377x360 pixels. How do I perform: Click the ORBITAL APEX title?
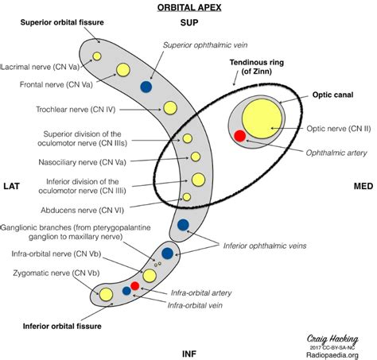click(189, 7)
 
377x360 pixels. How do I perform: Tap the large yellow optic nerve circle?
click(262, 118)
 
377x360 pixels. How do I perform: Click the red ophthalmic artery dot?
click(240, 136)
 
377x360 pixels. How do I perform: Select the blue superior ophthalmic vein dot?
click(146, 87)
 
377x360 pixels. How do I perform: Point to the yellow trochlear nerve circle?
click(170, 108)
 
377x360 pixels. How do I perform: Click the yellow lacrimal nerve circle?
click(97, 56)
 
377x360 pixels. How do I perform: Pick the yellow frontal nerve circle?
click(123, 70)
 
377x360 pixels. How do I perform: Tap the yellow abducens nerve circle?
click(187, 197)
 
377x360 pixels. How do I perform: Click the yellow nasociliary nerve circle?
click(196, 157)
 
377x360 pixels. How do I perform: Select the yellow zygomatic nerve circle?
click(106, 295)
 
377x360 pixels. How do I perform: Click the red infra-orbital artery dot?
click(135, 286)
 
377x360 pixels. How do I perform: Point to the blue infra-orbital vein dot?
click(126, 291)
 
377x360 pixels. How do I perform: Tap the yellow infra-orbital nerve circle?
click(150, 276)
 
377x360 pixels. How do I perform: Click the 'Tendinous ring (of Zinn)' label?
click(257, 67)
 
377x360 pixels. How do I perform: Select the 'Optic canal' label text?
click(332, 95)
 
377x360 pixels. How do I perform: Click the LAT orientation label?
click(12, 186)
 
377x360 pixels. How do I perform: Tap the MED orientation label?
click(363, 186)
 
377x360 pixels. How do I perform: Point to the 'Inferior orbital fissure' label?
click(62, 326)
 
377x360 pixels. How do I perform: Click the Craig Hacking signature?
click(332, 339)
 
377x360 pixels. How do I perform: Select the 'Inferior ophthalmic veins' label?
click(265, 246)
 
